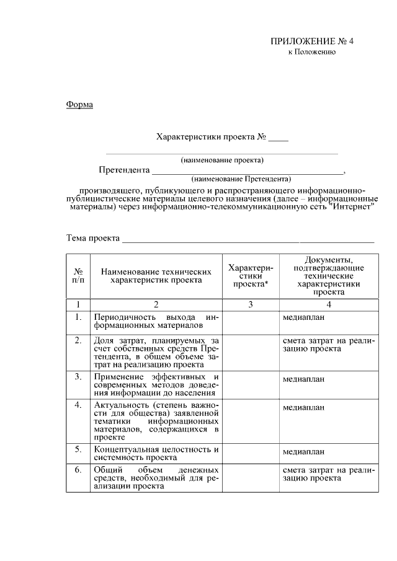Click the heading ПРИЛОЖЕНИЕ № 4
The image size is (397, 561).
tap(311, 42)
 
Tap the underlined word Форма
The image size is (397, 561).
tap(79, 104)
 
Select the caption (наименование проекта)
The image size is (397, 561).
tap(222, 160)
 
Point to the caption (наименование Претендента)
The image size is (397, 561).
tap(241, 178)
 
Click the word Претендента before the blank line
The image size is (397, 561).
tap(124, 170)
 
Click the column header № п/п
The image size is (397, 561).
tap(79, 275)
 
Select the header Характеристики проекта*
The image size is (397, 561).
tap(250, 275)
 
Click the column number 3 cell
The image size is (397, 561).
tap(250, 304)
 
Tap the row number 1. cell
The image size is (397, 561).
tap(79, 317)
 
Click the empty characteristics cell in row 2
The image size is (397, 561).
tap(250, 352)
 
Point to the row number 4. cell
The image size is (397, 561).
tap(79, 405)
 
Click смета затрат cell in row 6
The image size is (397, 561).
tap(328, 474)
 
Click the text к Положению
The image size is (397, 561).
tap(312, 53)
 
